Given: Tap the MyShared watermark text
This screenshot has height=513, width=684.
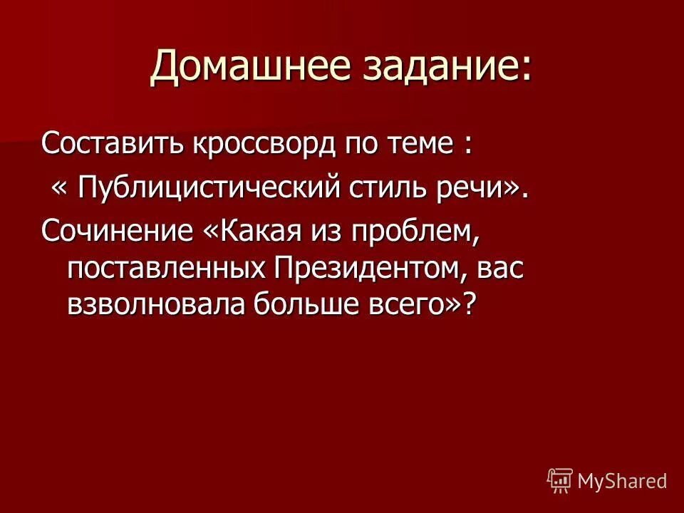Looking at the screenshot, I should (x=622, y=481).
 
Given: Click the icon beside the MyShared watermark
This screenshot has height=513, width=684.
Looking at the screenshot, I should (x=560, y=481).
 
